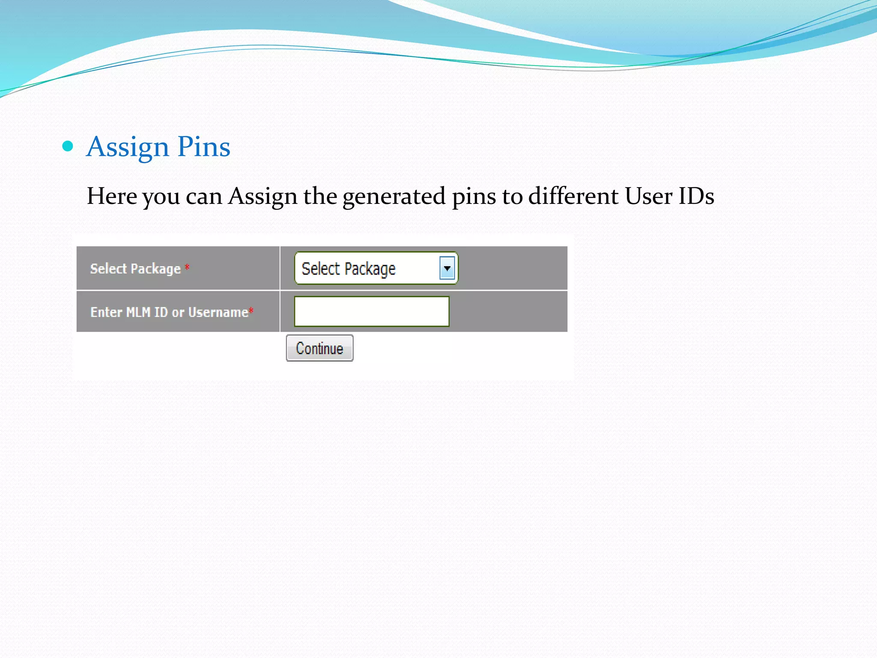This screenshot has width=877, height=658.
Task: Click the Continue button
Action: [x=319, y=348]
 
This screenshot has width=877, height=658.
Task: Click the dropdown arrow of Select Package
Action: [x=447, y=269]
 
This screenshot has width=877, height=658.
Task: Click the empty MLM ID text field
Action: [x=371, y=311]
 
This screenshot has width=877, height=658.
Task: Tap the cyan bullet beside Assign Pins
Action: [x=68, y=147]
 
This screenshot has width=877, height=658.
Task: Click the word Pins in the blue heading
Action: [x=204, y=147]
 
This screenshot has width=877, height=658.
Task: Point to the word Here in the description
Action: [x=112, y=196]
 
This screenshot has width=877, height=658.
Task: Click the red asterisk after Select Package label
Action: [x=187, y=268]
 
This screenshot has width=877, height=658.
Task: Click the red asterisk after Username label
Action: [x=251, y=311]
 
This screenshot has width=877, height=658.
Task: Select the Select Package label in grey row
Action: [x=135, y=269]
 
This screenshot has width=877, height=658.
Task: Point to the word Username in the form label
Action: [x=218, y=312]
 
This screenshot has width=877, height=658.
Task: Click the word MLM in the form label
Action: [x=138, y=312]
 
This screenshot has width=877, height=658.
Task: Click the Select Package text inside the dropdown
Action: [x=349, y=269]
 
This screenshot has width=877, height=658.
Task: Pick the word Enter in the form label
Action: [x=106, y=312]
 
